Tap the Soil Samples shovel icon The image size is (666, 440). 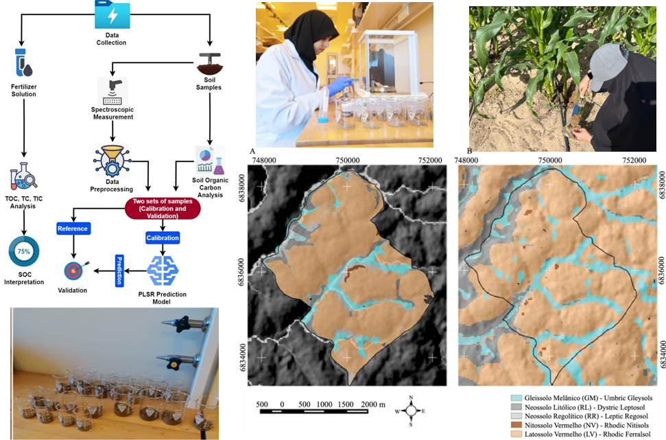209,64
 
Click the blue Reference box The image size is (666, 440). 73,228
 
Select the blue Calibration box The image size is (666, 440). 163,238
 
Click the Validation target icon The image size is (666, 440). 73,270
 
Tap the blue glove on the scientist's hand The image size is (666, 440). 339,86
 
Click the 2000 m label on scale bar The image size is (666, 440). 372,404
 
